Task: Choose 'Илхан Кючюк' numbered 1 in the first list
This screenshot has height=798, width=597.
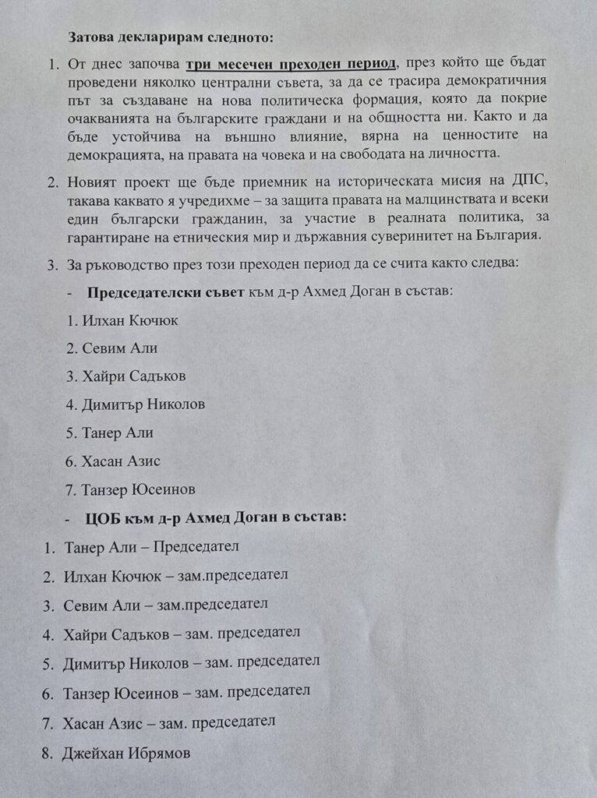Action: (x=124, y=321)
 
